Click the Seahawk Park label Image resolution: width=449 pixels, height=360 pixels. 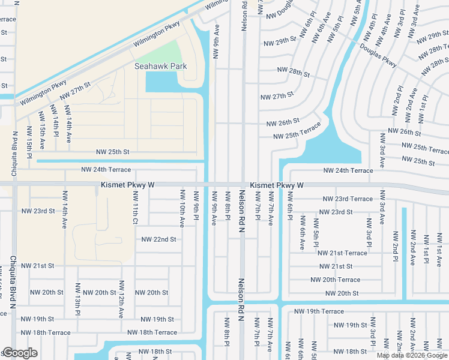[x=161, y=66]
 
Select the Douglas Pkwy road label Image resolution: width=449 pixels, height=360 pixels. [x=378, y=55]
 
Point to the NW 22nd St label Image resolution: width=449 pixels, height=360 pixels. [x=158, y=239]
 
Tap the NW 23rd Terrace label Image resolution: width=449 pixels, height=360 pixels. [x=348, y=199]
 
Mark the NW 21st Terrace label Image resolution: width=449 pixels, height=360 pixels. [x=342, y=253]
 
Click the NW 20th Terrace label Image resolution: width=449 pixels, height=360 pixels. [x=336, y=280]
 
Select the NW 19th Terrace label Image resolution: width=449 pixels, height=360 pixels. [x=319, y=311]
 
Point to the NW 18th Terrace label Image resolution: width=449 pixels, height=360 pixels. [x=152, y=332]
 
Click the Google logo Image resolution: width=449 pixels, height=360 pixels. [x=20, y=353]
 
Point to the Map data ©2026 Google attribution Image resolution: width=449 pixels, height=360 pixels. [x=412, y=355]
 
